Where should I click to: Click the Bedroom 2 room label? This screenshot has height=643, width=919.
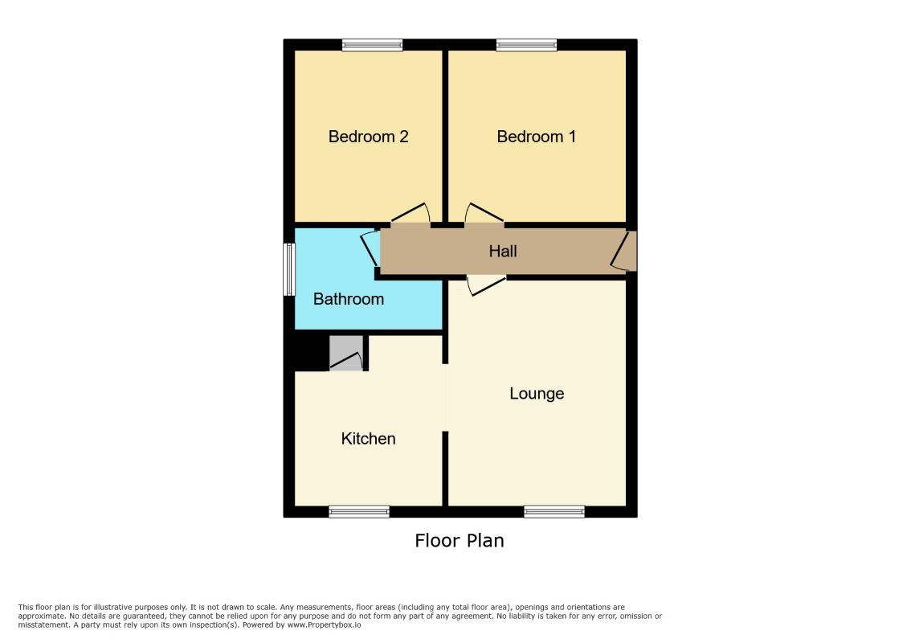coord(368,137)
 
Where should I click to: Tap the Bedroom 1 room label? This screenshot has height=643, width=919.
coord(537,137)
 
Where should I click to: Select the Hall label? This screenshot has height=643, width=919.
coord(503,252)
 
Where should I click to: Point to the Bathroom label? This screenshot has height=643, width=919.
coord(349,299)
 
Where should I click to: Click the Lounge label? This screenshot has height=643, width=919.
coord(537,393)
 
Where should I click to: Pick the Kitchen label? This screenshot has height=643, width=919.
coord(368,438)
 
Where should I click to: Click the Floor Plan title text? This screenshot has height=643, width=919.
coord(459,540)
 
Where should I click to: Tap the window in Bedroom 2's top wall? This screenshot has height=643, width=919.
coord(372,44)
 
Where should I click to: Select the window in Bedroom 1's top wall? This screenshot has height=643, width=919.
coord(526,44)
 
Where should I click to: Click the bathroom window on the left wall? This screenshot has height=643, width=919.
coord(289,269)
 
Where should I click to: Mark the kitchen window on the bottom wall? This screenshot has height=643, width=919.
coord(359,512)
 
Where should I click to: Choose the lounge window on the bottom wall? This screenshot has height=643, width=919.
coord(554,512)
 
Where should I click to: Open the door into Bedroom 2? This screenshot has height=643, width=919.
coord(410,213)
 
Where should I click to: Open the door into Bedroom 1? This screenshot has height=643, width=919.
coord(484,213)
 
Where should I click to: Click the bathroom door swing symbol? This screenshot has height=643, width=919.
coord(370,249)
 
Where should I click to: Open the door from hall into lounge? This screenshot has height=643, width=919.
coord(487,285)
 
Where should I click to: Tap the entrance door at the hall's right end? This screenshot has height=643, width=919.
coord(623,251)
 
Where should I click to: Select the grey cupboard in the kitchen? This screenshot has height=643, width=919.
coord(346,353)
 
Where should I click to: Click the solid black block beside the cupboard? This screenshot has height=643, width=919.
coord(311,350)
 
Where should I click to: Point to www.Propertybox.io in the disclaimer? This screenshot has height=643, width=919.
coord(324,625)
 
